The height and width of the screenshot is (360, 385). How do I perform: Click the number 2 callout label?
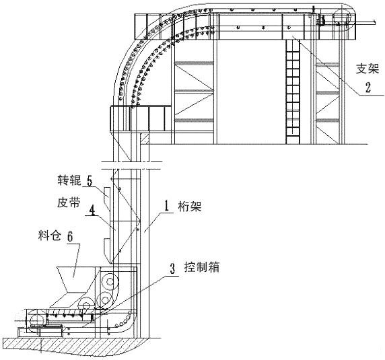click(x=368, y=87)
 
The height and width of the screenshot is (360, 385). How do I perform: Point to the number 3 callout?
click(x=173, y=268)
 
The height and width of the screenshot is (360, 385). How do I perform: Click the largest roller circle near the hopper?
click(x=108, y=281)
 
